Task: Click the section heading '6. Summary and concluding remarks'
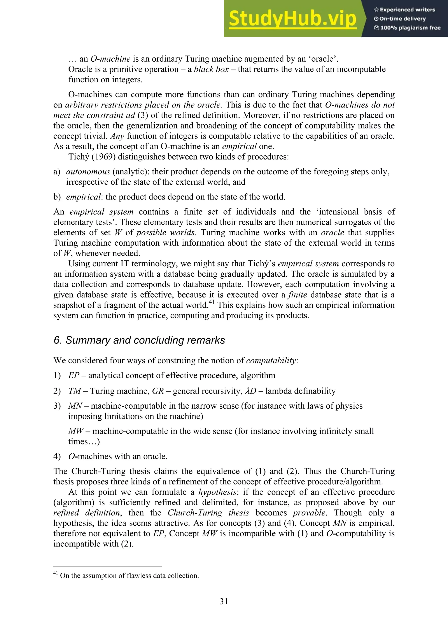(x=139, y=340)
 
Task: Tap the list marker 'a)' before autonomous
(x=57, y=172)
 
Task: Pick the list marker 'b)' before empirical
(x=57, y=197)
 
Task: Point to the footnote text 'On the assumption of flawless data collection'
(x=129, y=575)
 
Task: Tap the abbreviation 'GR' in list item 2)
(x=158, y=391)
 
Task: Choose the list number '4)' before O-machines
(x=57, y=456)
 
